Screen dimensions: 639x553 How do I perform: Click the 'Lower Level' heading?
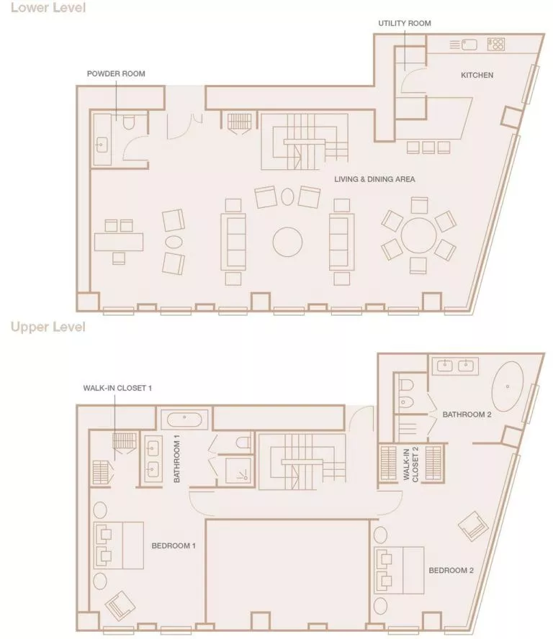(x=48, y=9)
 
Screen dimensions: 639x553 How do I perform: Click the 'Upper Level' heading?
(x=48, y=327)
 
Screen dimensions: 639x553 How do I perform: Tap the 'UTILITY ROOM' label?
(x=405, y=24)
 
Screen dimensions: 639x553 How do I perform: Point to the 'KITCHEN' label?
(x=477, y=75)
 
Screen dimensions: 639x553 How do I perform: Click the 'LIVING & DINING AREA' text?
(x=374, y=179)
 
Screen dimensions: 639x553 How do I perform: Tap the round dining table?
(x=418, y=235)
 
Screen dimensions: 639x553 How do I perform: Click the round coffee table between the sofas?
(x=288, y=240)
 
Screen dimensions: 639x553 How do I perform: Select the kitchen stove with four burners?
(x=495, y=44)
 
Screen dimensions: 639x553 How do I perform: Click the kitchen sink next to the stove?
(x=469, y=44)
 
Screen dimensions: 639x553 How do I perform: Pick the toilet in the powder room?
(x=130, y=123)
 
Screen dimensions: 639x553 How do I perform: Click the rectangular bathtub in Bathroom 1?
(x=186, y=417)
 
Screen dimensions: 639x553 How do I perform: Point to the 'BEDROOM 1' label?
(x=174, y=546)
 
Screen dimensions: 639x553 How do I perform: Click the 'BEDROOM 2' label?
(x=451, y=571)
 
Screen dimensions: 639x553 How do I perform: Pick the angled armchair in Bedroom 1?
(x=120, y=605)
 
